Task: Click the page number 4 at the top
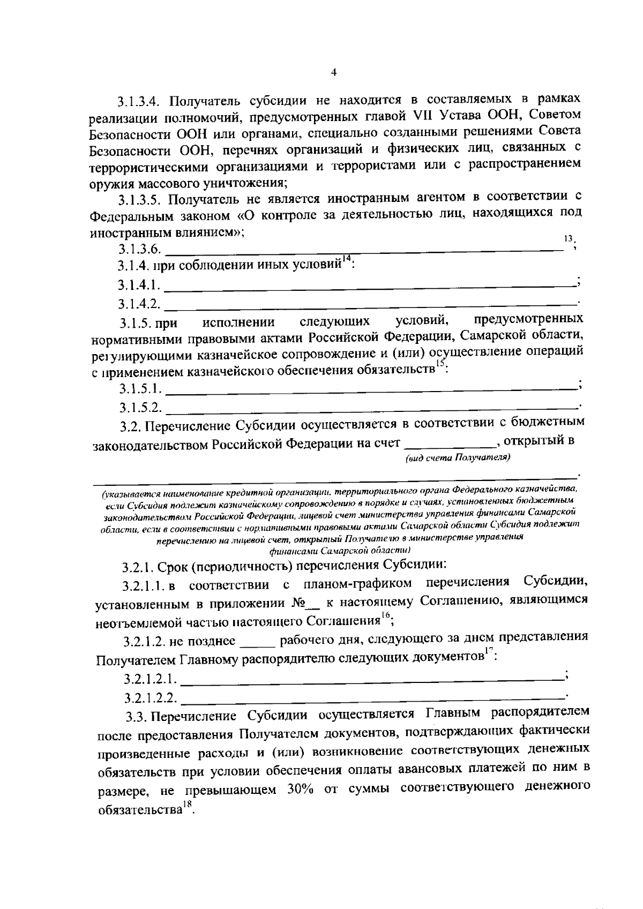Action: (333, 73)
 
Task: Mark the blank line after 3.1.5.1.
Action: (370, 387)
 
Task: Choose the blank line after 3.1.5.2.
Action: (370, 407)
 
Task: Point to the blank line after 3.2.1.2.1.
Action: (372, 679)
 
